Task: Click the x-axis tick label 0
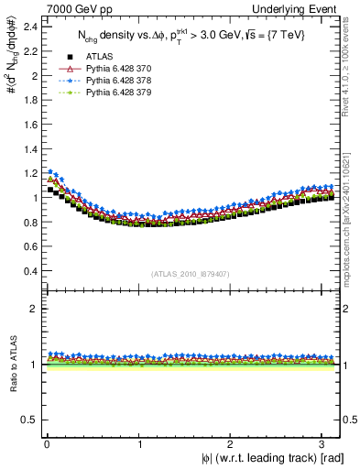[46, 443]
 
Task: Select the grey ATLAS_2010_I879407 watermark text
[190, 272]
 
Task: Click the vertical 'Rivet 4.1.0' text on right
[353, 69]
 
